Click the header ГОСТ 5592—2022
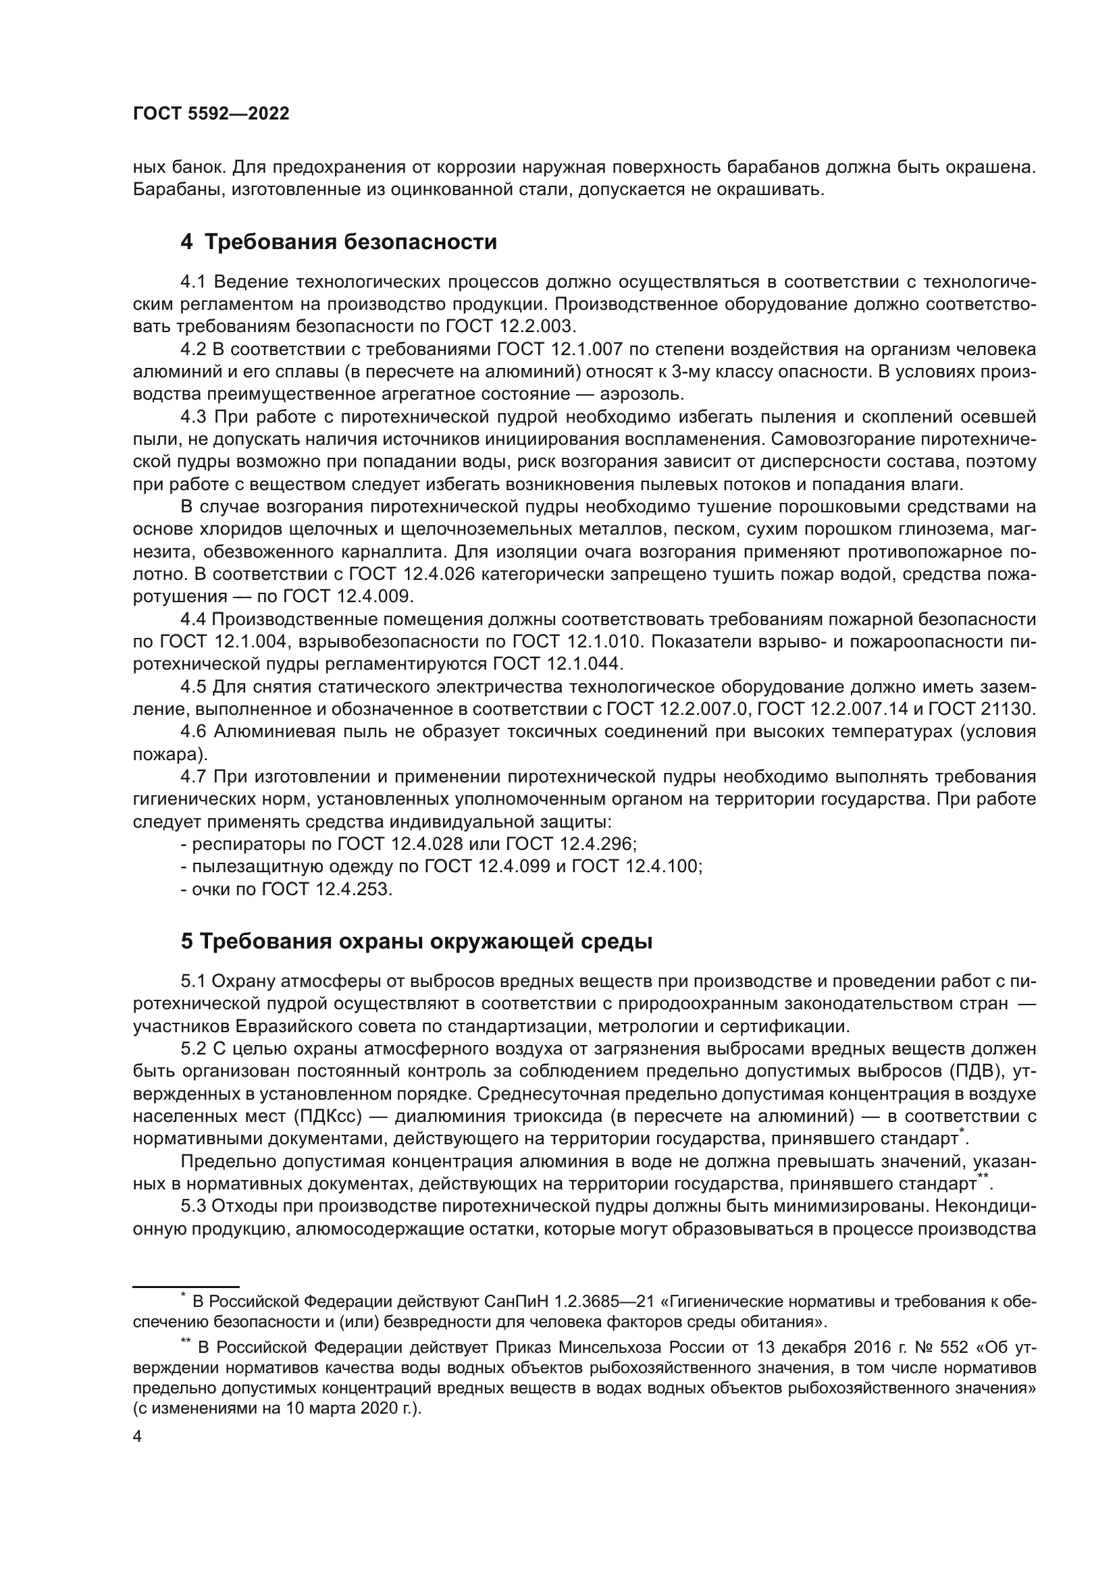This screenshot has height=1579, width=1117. [211, 114]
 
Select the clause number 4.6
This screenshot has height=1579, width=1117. [193, 732]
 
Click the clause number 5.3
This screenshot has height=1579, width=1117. [193, 1206]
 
